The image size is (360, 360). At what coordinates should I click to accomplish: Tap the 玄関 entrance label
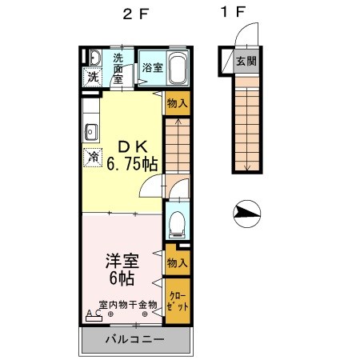coord(246,61)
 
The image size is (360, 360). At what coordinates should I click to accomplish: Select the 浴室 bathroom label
coord(153,67)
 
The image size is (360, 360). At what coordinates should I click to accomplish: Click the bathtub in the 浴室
coord(177,67)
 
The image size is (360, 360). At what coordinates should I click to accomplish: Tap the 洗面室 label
coord(118,68)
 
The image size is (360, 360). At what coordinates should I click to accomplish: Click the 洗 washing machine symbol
coord(93,78)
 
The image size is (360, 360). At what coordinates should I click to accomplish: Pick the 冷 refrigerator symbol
coord(94,156)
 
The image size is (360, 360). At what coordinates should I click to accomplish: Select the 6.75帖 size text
coord(133,163)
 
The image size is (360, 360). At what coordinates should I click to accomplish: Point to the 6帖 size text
coord(122,279)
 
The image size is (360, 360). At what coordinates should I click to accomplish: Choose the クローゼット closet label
coord(178,301)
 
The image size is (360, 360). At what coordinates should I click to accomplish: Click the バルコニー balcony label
coord(135,340)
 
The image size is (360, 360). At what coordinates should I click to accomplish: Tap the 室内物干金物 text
coord(128,305)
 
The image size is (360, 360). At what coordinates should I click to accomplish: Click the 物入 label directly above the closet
coord(178,263)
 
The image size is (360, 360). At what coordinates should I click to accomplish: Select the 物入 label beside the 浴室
coord(178,102)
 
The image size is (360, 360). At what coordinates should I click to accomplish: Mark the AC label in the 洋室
coord(92,313)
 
